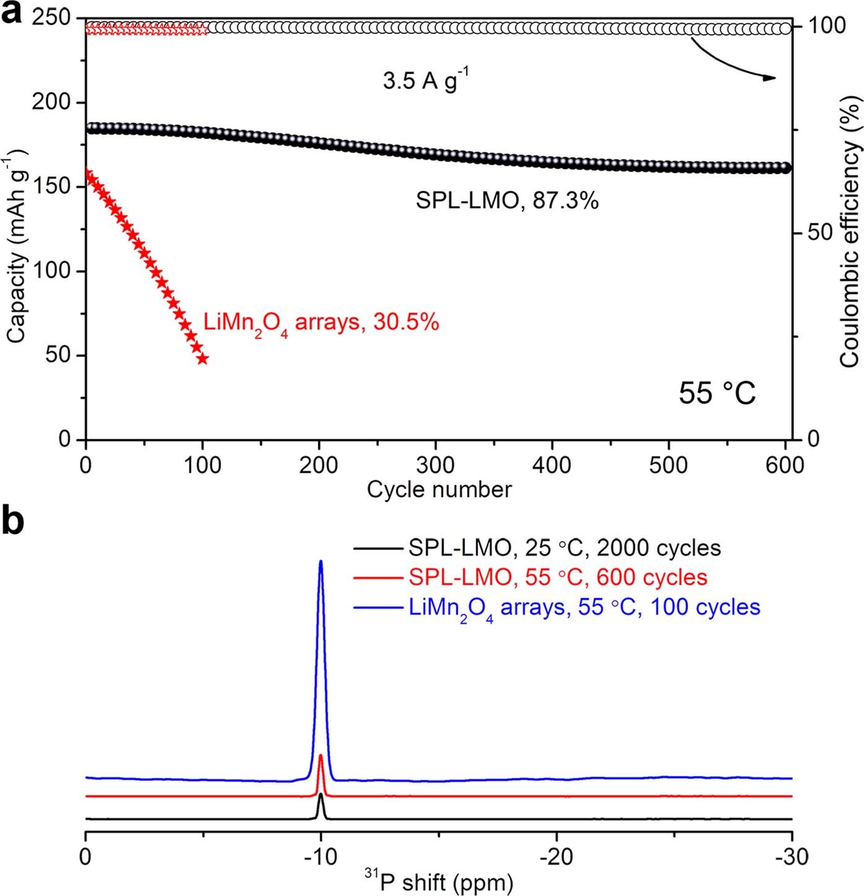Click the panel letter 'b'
pos(13,520)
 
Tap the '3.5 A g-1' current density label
pos(425,80)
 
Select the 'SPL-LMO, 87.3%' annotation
pos(507,200)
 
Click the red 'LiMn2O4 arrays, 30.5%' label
pos(321,323)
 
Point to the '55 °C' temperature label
pos(717,393)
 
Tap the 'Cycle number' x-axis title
pos(439,489)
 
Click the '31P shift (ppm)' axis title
pos(437,882)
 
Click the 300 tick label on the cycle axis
pos(435,465)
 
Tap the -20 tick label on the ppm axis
pos(556,857)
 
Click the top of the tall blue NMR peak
pos(321,562)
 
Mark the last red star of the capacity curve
pos(202,358)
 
